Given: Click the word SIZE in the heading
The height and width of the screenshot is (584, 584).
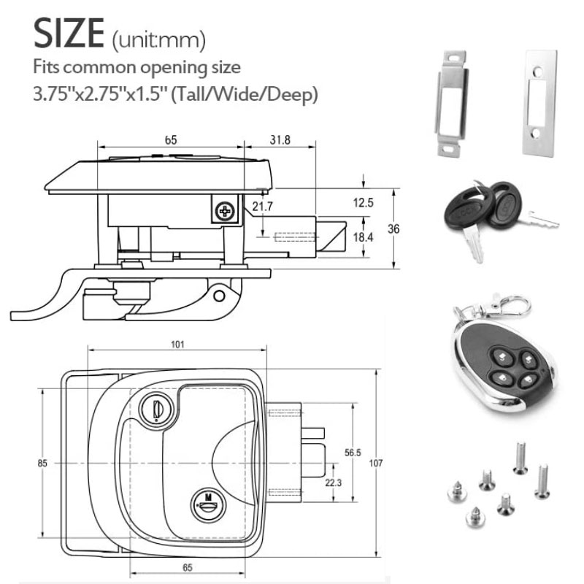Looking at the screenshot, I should click(69, 33).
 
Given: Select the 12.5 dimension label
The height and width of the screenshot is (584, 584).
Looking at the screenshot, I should click(363, 203).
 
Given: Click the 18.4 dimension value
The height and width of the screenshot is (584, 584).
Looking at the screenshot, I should click(363, 237).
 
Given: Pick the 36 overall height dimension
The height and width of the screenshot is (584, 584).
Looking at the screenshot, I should click(393, 228).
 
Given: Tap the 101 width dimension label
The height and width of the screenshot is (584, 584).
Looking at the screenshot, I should click(177, 345).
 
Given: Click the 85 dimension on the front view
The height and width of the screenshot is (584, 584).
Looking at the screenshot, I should click(43, 463).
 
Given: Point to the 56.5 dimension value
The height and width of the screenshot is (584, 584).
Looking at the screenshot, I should click(353, 453).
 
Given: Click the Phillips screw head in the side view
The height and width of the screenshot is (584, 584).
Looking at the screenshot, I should click(225, 211).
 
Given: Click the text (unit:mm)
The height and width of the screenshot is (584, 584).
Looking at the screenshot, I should click(159, 39).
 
